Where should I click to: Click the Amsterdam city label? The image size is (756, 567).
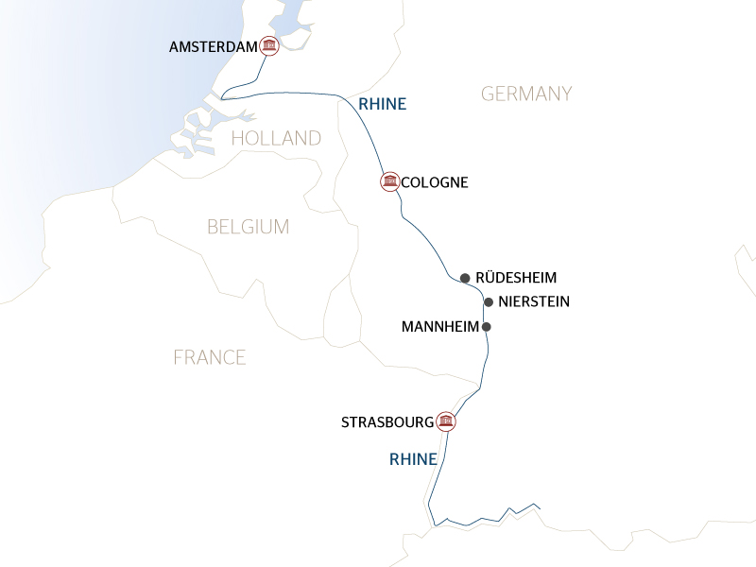pos(213,46)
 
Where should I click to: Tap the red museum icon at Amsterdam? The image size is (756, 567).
pos(269,46)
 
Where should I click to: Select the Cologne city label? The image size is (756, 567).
pos(435,182)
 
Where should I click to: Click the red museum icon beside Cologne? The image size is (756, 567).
pos(388,181)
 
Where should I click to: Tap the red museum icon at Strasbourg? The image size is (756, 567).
pos(446,421)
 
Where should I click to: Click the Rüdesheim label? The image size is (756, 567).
pos(516,278)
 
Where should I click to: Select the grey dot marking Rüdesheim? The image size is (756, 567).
pos(465,278)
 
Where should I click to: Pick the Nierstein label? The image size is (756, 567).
pos(533,302)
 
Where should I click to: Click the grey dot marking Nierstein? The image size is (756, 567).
pos(489,302)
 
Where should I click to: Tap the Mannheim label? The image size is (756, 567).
pos(439,327)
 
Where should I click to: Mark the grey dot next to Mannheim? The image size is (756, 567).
pos(487,327)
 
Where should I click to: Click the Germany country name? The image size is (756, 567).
pos(526,94)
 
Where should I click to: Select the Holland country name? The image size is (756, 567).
pos(276,139)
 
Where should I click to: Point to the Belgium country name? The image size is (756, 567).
pos(248,227)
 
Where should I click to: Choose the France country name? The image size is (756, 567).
pos(210,357)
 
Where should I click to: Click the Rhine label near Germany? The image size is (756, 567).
pos(383,104)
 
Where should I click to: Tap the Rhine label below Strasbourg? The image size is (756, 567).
pos(413,460)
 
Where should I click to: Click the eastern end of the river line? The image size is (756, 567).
pos(539,508)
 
